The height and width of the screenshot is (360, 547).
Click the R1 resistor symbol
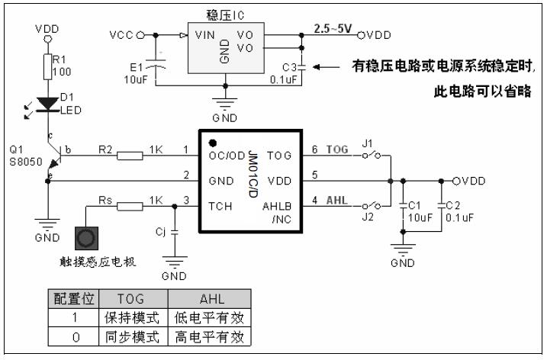[47, 66]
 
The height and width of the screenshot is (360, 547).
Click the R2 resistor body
[130, 156]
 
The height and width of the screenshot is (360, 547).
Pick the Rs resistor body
[130, 205]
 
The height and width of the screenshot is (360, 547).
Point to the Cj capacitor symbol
[175, 230]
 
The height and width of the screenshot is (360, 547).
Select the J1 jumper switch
[372, 156]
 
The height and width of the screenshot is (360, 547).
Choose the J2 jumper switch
[372, 206]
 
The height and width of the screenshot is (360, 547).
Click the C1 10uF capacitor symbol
[404, 205]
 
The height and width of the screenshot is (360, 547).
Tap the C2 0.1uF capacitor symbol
[441, 205]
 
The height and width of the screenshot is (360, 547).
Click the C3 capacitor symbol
[302, 66]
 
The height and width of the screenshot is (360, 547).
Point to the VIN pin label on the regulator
[204, 34]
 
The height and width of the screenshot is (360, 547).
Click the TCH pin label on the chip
[220, 206]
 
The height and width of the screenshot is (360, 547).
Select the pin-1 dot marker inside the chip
[213, 143]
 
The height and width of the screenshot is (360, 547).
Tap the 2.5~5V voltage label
[333, 28]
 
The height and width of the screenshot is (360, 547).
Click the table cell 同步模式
[130, 336]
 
